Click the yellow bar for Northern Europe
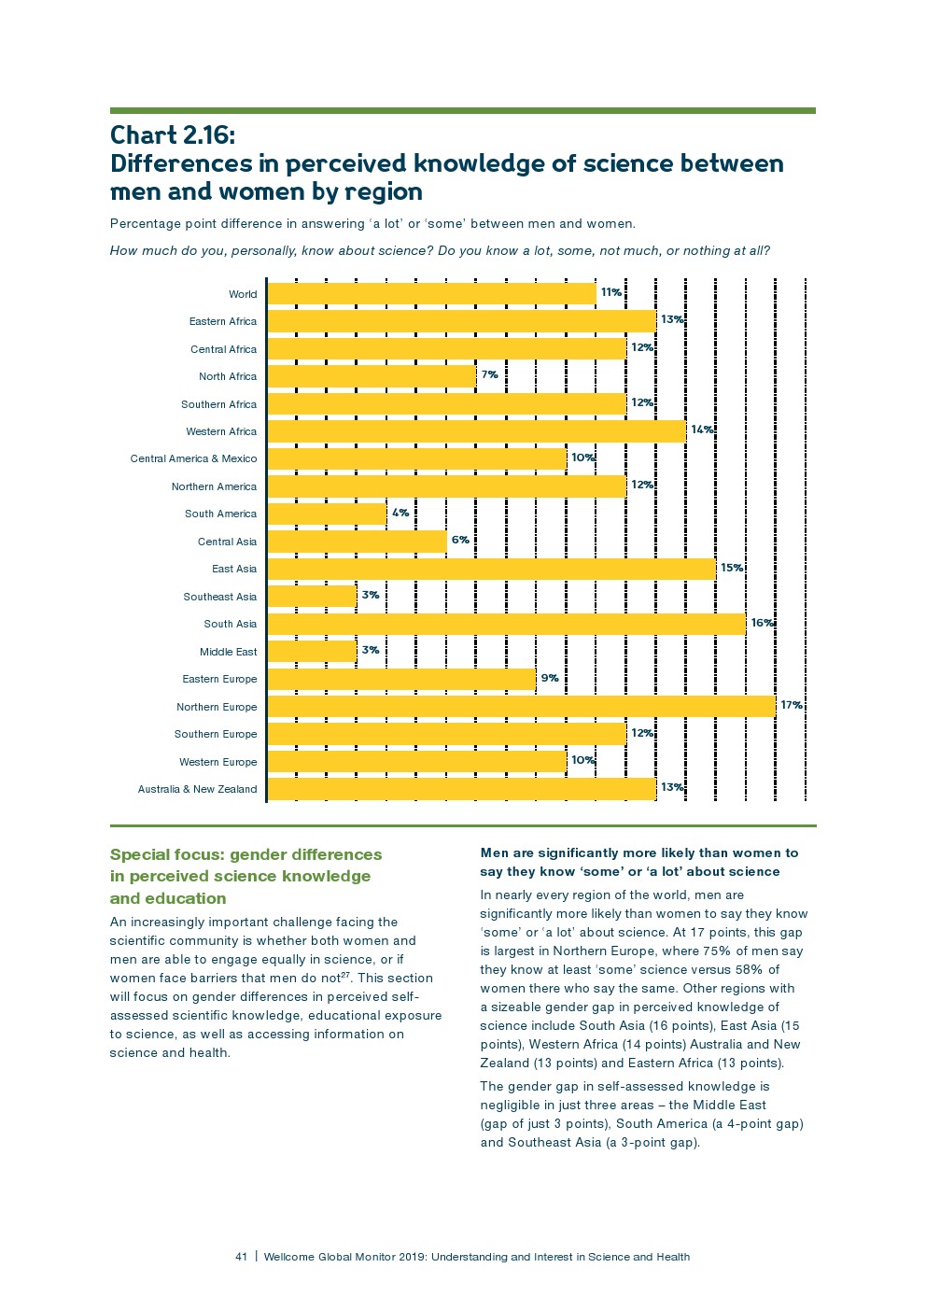[521, 707]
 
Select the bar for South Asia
[506, 624]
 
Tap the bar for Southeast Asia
[312, 597]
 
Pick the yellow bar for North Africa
[372, 376]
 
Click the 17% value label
[792, 705]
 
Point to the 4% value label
[400, 513]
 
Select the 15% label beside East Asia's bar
[732, 568]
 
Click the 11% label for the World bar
[611, 292]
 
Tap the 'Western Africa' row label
[221, 431]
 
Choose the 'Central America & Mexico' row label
[193, 458]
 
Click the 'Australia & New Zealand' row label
[197, 789]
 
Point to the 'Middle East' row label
[228, 652]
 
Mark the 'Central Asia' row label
[227, 542]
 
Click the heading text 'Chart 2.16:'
[173, 135]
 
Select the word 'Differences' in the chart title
[193, 164]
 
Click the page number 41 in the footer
[242, 1257]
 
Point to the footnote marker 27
[344, 975]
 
